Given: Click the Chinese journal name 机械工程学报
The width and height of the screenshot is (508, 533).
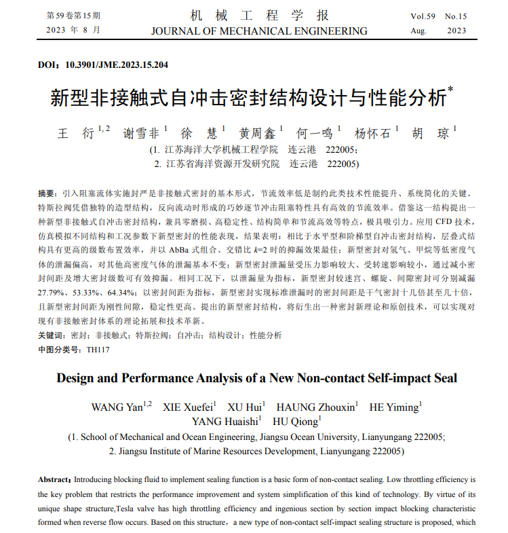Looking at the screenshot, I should [x=259, y=15].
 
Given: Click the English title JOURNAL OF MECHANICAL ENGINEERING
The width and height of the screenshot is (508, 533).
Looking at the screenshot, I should [x=259, y=31].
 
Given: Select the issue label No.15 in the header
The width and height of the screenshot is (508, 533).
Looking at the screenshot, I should [x=455, y=15].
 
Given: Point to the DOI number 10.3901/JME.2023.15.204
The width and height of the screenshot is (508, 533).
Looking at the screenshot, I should [x=117, y=65].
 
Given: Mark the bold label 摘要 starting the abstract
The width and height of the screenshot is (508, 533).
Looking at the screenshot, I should [x=46, y=194].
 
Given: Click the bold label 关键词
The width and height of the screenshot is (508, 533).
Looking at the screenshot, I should [x=52, y=335].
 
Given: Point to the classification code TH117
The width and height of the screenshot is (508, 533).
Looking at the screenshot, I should [x=98, y=350].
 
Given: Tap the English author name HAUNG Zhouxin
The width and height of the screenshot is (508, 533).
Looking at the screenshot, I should [x=315, y=407].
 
